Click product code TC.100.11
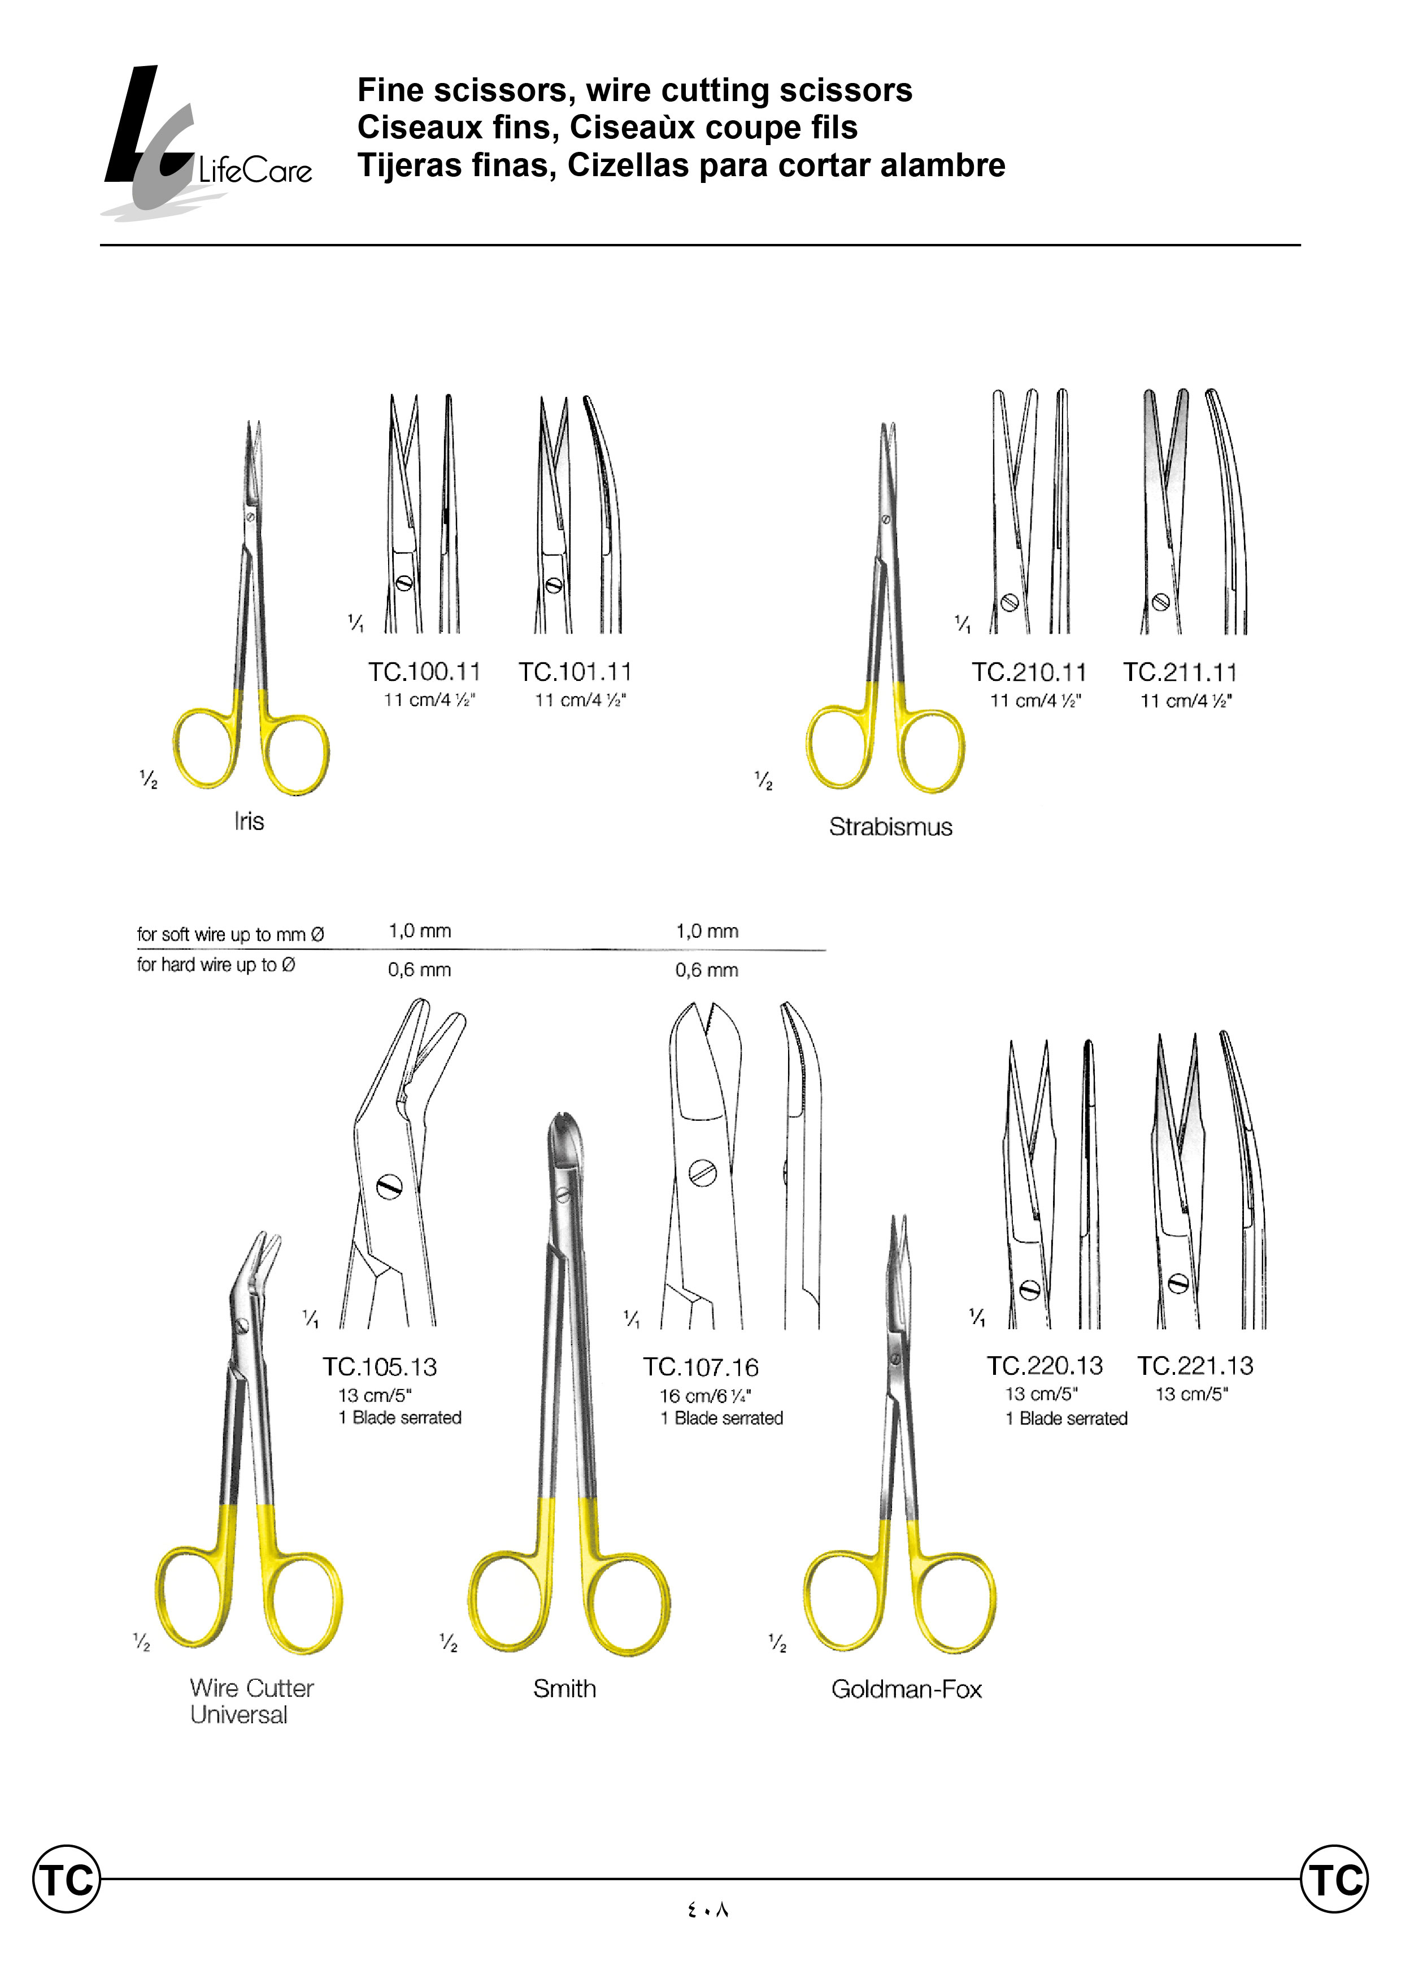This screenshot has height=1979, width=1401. pyautogui.click(x=424, y=672)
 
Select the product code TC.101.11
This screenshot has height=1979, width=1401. pyautogui.click(x=575, y=672)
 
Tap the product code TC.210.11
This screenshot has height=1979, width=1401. pyautogui.click(x=1028, y=672)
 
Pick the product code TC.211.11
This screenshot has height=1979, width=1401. pyautogui.click(x=1180, y=672)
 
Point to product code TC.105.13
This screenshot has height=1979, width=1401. pyautogui.click(x=380, y=1367)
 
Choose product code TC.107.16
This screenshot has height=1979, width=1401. pyautogui.click(x=700, y=1367)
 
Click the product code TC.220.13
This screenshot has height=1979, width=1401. pyautogui.click(x=1045, y=1366)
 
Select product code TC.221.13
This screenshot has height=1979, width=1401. pyautogui.click(x=1195, y=1366)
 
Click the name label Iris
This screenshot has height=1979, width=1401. pyautogui.click(x=249, y=821)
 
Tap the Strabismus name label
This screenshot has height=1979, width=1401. pyautogui.click(x=890, y=827)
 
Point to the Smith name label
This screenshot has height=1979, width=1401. pyautogui.click(x=564, y=1688)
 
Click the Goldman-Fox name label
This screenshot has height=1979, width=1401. pyautogui.click(x=906, y=1689)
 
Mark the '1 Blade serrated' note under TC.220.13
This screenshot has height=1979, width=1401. pyautogui.click(x=1066, y=1418)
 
